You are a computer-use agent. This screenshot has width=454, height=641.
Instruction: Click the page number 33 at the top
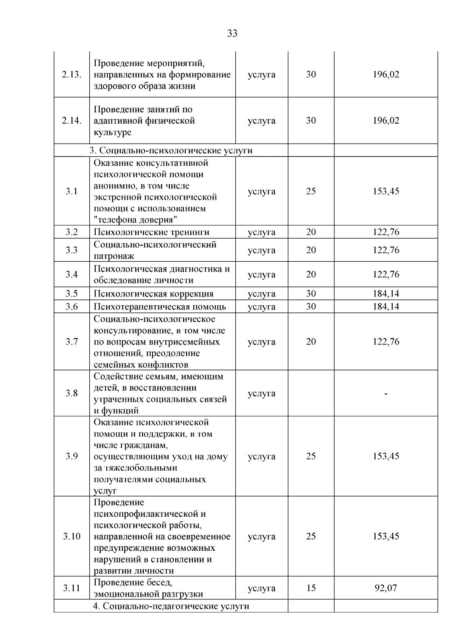click(x=232, y=34)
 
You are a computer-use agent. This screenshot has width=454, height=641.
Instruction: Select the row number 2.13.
click(x=72, y=74)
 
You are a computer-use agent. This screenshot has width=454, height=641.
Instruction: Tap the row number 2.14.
click(x=72, y=121)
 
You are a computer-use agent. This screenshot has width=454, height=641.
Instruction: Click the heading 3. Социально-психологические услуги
click(x=171, y=150)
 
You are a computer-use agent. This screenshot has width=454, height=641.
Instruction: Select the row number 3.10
click(x=72, y=536)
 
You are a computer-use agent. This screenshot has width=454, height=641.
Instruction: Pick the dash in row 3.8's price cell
click(x=386, y=394)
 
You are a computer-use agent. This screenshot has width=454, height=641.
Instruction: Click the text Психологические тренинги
click(x=151, y=232)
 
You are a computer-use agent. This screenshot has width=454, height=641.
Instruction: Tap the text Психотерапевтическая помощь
click(x=160, y=306)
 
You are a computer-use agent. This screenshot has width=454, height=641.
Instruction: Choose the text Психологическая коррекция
click(x=154, y=294)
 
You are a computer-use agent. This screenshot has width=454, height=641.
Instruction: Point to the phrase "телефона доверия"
click(x=136, y=220)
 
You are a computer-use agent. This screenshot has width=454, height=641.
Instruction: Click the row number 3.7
click(x=72, y=342)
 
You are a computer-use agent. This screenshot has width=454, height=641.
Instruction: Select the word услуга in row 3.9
click(x=261, y=456)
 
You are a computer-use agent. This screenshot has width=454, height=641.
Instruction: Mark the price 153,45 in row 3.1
click(x=386, y=191)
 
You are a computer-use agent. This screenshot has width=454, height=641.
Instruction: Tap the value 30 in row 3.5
click(x=311, y=293)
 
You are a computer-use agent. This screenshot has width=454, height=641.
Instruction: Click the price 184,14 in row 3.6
click(x=386, y=306)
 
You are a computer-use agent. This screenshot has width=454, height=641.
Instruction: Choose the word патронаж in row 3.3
click(x=114, y=256)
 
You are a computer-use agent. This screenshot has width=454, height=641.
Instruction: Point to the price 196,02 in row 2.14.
click(x=386, y=121)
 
